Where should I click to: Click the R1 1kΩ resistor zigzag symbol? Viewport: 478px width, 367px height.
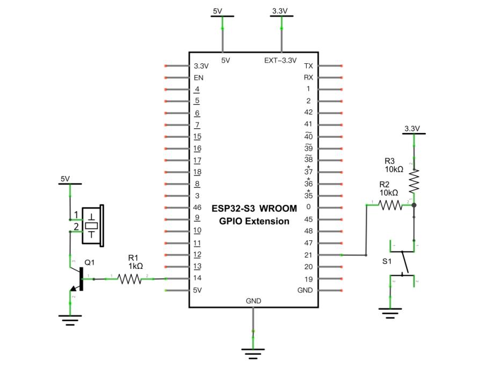click(x=129, y=279)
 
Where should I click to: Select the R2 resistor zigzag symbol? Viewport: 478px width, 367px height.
click(x=390, y=205)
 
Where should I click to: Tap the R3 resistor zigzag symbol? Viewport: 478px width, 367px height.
click(x=414, y=181)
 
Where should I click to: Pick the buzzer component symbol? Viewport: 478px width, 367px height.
click(x=93, y=225)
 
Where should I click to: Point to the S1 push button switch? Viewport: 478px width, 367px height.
click(x=402, y=263)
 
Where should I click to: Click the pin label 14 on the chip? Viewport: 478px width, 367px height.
click(x=197, y=278)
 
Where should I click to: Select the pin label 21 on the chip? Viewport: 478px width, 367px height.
click(x=308, y=255)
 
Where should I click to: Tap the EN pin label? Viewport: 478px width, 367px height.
click(x=199, y=78)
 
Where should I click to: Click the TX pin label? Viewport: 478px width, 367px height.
click(x=308, y=66)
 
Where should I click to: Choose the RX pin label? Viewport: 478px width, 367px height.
click(x=308, y=77)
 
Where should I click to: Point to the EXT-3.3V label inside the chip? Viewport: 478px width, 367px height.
click(x=280, y=60)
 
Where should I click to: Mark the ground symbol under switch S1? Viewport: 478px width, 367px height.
click(x=390, y=313)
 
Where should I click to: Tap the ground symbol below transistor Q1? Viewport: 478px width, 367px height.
click(x=70, y=320)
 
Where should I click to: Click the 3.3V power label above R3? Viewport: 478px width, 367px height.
click(x=412, y=129)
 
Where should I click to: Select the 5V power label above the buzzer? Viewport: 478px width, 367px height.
click(x=65, y=179)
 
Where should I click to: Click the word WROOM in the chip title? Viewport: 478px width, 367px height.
click(x=278, y=209)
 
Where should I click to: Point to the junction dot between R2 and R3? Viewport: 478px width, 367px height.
click(x=414, y=205)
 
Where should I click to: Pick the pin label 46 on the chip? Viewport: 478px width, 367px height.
click(x=197, y=208)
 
